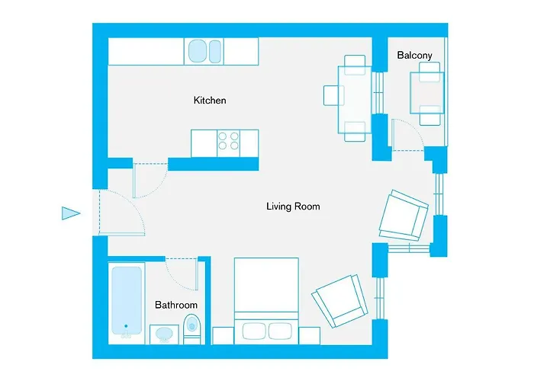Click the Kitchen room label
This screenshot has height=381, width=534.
click(210, 101)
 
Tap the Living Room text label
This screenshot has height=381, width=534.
click(293, 207)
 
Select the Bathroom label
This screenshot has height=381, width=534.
click(176, 305)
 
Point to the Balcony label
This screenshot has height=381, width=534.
click(414, 55)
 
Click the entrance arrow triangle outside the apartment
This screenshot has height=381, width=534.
click(71, 213)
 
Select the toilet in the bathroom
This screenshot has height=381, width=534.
click(191, 329)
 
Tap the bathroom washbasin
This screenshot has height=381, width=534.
click(164, 335)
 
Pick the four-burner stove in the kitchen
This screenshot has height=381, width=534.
click(229, 143)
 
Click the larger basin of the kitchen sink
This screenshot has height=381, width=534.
click(198, 51)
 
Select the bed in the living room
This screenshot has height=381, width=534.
click(266, 301)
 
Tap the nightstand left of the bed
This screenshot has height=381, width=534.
click(223, 336)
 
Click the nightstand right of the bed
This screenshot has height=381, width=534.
click(309, 336)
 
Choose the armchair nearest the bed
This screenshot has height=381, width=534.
click(340, 301)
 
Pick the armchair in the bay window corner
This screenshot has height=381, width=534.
click(404, 216)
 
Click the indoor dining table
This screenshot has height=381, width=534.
click(354, 99)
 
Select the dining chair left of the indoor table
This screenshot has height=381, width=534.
click(333, 95)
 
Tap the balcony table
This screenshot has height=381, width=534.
click(427, 93)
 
